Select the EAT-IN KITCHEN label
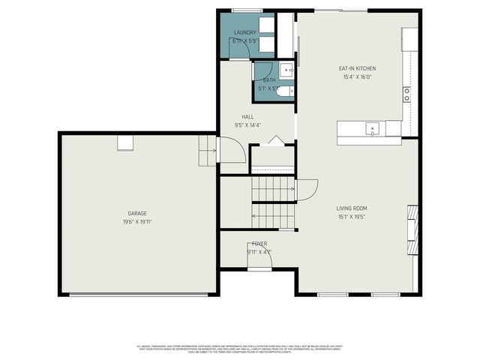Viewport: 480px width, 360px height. (x=357, y=68)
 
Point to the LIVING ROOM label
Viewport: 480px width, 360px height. (x=351, y=208)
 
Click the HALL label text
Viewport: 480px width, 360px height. (x=247, y=117)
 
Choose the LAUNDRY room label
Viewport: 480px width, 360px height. (x=245, y=33)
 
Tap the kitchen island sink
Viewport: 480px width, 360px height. (x=373, y=130)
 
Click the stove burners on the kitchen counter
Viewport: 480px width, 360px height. (x=406, y=94)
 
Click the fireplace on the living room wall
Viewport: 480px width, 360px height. (x=412, y=230)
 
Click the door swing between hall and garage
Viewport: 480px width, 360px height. (x=230, y=150)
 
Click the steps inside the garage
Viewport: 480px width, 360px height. (x=207, y=151)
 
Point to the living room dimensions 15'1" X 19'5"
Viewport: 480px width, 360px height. (x=351, y=217)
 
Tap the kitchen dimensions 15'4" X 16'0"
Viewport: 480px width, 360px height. (x=357, y=76)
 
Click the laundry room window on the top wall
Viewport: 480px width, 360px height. (x=246, y=10)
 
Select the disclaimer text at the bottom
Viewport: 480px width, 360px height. (x=240, y=349)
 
